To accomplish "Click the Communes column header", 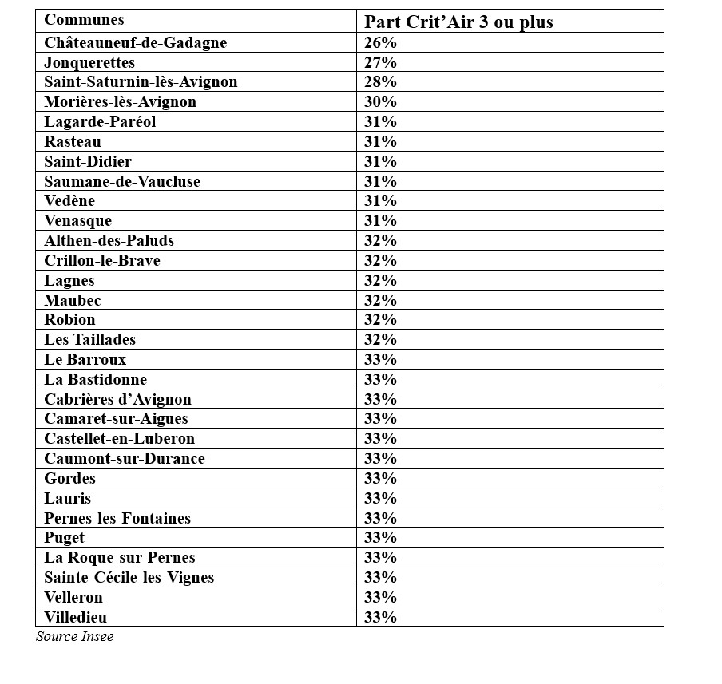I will pos(84,20).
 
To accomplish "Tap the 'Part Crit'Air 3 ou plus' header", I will pos(458,22).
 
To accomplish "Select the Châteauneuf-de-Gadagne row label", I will pos(135,43).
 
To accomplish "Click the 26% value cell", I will pos(380,43).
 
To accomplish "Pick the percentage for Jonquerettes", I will pos(380,62).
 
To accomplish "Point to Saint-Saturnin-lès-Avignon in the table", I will pos(141,82).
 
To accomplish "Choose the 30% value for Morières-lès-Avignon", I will pos(380,102).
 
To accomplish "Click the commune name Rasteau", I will pos(73,142).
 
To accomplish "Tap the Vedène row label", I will pos(69,201).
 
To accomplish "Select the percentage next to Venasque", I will pos(380,221).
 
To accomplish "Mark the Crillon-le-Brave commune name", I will pos(102,261).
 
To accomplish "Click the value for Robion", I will pos(380,320).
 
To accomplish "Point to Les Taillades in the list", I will pos(90,340).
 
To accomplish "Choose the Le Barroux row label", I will pos(85,360).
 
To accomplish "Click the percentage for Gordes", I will pos(380,479).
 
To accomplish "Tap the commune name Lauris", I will pos(68,499).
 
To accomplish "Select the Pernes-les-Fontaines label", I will pos(117,519).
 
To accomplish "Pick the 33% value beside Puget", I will pos(380,538).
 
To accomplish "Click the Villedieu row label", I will pos(76,618).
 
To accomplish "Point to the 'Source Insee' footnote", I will pos(75,637).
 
